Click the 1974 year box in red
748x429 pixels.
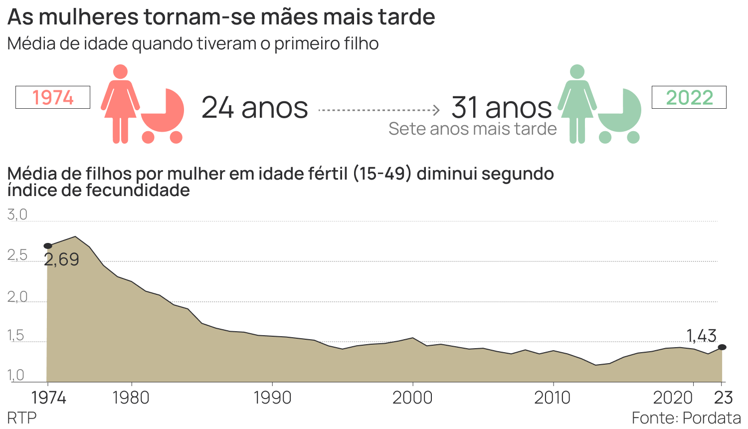(53, 97)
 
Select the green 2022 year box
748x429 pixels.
(689, 97)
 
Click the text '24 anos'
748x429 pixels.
(255, 108)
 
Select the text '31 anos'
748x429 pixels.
(501, 107)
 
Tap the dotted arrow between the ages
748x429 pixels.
(379, 110)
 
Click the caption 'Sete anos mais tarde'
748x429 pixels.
(472, 129)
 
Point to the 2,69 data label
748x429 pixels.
(62, 259)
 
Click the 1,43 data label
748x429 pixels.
(701, 336)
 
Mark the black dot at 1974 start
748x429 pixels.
(48, 246)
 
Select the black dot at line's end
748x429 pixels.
(722, 347)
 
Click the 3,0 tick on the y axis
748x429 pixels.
(17, 215)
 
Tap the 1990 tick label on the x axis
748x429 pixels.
(272, 398)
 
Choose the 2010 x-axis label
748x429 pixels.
(553, 398)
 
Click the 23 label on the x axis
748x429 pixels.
(724, 398)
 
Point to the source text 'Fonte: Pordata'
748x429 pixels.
(686, 418)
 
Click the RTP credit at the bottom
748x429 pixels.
(22, 418)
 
